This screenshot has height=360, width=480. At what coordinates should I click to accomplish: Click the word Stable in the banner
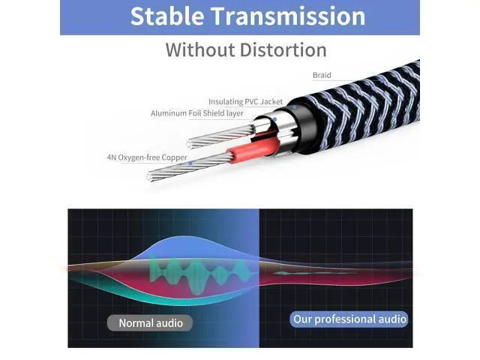point(167,16)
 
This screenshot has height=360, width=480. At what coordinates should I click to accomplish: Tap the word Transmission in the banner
point(288,16)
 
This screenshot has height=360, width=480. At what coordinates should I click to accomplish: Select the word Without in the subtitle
point(200,50)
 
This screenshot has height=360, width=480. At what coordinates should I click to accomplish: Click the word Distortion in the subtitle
point(283,50)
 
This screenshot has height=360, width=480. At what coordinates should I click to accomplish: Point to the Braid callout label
point(322,75)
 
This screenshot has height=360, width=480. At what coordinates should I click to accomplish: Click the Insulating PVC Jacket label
point(245,102)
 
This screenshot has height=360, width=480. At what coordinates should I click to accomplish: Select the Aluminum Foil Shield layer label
point(197,113)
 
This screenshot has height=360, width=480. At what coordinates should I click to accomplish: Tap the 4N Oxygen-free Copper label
point(147,157)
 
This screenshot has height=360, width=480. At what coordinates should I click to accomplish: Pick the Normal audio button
point(150,323)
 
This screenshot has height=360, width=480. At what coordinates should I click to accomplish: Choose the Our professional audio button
point(349,319)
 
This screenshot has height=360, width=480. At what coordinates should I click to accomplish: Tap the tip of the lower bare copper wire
point(149,177)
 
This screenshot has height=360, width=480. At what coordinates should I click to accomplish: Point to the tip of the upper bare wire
point(190,143)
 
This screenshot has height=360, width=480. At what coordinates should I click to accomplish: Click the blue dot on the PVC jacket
point(294,107)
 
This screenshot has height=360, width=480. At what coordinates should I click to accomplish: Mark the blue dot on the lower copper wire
point(190,163)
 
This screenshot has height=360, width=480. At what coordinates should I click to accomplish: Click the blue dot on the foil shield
point(274,120)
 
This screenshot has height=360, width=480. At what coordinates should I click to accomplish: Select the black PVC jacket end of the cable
point(301,125)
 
